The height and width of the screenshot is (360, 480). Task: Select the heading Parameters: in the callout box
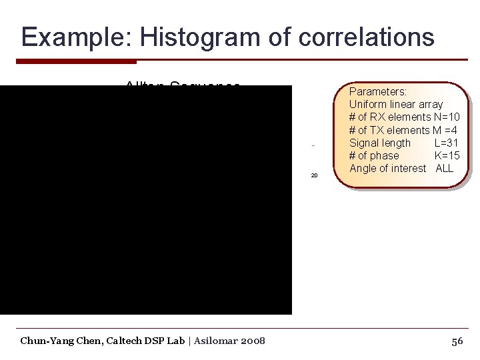378,91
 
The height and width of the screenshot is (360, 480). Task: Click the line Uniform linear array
396,104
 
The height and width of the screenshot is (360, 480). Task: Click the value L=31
447,143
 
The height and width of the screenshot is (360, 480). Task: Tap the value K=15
447,155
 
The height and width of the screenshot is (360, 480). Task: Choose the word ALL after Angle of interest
444,168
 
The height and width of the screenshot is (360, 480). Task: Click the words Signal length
380,143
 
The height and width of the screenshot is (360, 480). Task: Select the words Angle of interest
387,168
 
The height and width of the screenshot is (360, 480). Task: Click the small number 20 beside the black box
314,176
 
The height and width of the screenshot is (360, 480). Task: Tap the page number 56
457,341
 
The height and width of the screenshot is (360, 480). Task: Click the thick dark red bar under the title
76,61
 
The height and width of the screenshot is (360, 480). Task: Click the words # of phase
374,155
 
